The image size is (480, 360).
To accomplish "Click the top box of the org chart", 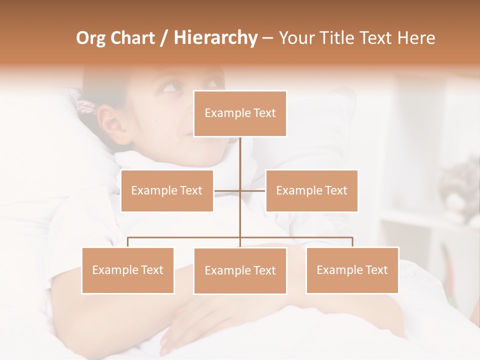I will point(240,113).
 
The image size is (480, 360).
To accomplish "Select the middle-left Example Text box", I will point(167,190).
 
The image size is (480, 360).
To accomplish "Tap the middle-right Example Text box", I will point(311,190).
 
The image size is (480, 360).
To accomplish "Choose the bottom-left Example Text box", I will point(128,270).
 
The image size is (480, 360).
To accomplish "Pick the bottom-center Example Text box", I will point(240,270).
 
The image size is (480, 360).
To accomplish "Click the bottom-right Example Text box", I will point(352,270).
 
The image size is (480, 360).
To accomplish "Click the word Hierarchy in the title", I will point(215,38).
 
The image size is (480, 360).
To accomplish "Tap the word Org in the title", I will point(90,38).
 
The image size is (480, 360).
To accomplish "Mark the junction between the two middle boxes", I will point(240,190).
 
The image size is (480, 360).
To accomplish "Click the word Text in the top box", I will point(264,113).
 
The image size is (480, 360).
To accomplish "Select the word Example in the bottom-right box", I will point(338,270).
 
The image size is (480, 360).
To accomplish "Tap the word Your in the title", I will point(296,38).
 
